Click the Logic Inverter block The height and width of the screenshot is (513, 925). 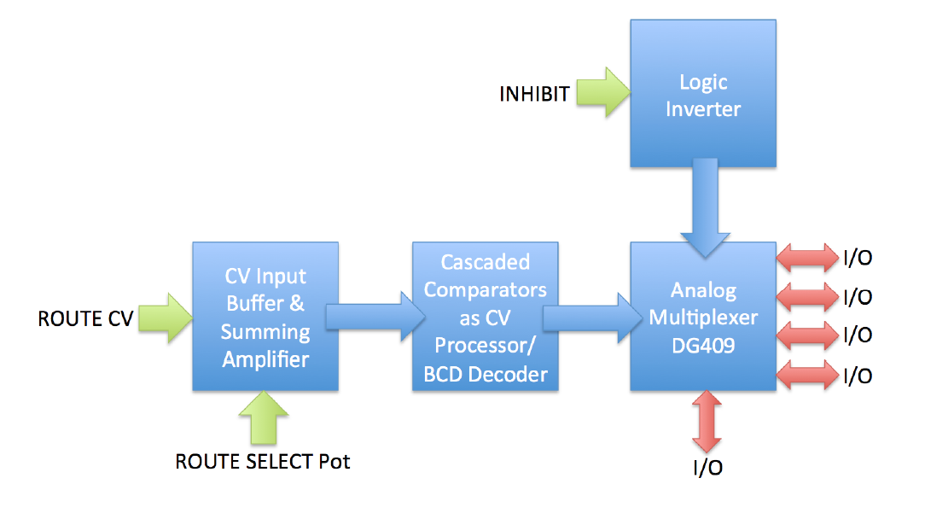click(702, 93)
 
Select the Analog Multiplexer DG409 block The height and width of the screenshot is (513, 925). click(702, 317)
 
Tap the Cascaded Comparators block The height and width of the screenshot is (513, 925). click(485, 317)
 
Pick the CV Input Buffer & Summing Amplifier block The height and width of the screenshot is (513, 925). click(265, 317)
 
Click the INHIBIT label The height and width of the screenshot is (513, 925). click(534, 94)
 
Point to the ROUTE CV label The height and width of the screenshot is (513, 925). click(85, 318)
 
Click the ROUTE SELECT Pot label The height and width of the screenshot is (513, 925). click(263, 461)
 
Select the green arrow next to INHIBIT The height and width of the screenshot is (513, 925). click(603, 92)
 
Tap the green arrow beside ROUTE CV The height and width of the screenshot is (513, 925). click(166, 318)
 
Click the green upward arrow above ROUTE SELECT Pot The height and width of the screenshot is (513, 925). click(264, 417)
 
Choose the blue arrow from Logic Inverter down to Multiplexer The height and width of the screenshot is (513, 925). click(705, 207)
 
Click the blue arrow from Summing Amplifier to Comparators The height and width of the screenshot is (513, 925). click(375, 317)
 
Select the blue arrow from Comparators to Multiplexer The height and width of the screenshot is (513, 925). click(593, 318)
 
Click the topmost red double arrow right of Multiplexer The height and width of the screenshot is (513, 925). click(807, 258)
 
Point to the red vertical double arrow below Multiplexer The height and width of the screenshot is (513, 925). click(707, 422)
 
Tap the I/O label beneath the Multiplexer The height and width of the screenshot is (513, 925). click(707, 468)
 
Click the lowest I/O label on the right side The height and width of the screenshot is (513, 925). click(857, 376)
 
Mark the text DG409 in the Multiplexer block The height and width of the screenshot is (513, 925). click(703, 346)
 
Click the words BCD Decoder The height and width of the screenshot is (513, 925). click(485, 374)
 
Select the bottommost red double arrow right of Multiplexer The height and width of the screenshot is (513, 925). click(807, 376)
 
